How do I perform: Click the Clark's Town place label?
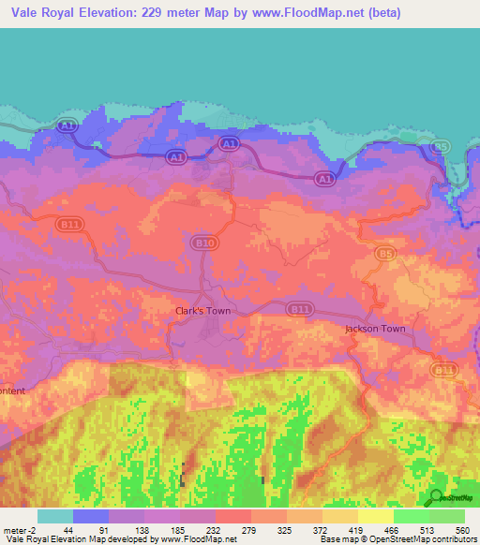pos(203,310)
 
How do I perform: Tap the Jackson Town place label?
pos(375,329)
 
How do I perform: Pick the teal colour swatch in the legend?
pos(55,516)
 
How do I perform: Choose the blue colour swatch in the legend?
pos(91,516)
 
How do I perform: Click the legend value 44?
pos(67,529)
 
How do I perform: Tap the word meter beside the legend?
pos(16,529)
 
